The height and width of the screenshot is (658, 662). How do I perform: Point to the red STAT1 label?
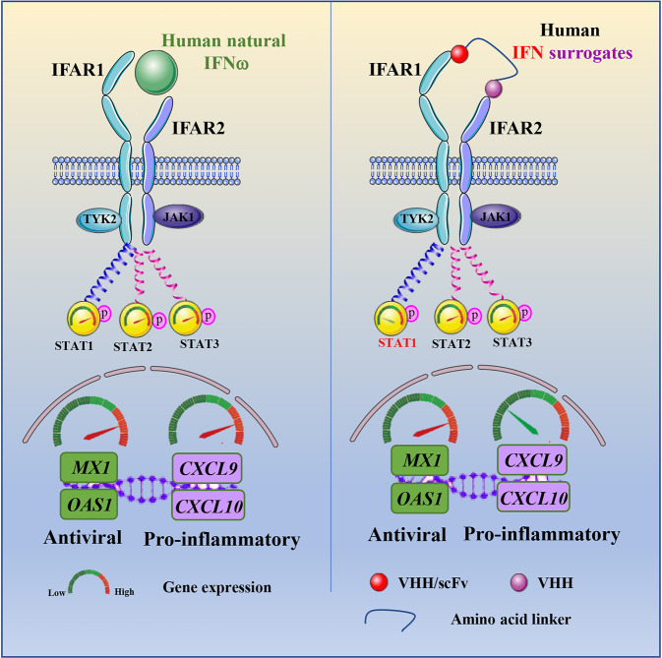(x=394, y=342)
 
